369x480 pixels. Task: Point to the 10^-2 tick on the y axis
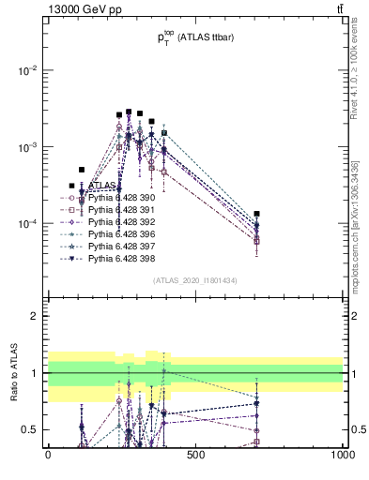[28, 71]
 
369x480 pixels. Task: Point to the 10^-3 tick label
[28, 148]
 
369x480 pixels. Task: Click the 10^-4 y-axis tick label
[28, 225]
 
